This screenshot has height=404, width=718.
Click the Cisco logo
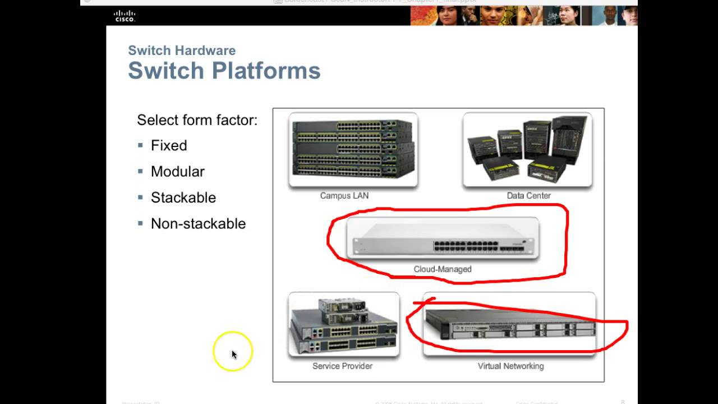[x=125, y=16]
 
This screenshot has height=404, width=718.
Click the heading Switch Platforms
[x=224, y=71]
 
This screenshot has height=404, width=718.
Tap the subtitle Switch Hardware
[x=182, y=50]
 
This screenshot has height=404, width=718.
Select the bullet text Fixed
[x=169, y=146]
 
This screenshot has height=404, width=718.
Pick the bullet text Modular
[x=177, y=172]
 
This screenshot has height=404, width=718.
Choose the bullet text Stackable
[x=183, y=198]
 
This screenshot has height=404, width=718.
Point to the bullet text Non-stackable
[x=198, y=223]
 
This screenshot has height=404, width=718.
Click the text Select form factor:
[x=197, y=120]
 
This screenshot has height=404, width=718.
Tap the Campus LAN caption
[x=344, y=196]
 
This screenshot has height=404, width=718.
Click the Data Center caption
[x=528, y=196]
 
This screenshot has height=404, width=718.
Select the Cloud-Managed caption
[x=443, y=269]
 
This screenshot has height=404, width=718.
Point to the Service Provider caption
[x=342, y=366]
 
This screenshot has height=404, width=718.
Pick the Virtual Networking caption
[x=510, y=366]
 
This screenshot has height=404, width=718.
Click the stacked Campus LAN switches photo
[x=353, y=149]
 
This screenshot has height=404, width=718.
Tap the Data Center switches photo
[x=527, y=149]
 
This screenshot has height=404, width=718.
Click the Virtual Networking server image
[x=509, y=324]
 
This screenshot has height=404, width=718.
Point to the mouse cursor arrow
[x=233, y=354]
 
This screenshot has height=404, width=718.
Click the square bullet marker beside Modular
[x=140, y=171]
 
